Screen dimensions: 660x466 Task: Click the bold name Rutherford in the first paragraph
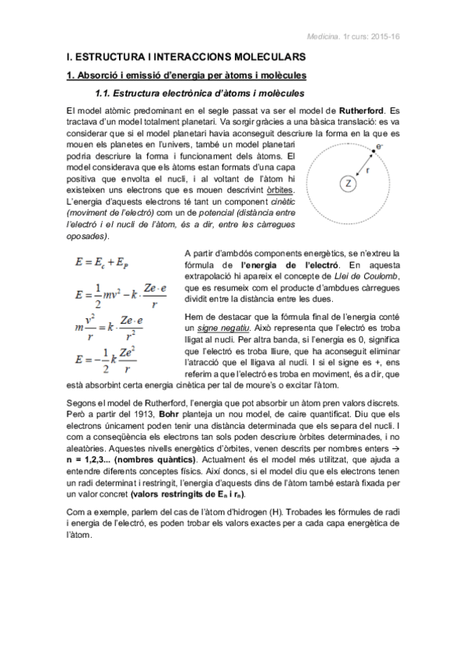pyautogui.click(x=360, y=112)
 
